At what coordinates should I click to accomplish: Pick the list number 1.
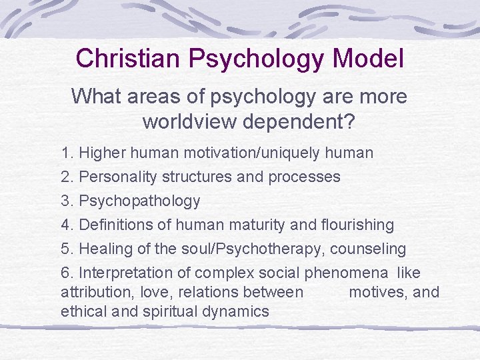pyautogui.click(x=67, y=153)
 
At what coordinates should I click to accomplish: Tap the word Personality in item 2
pyautogui.click(x=117, y=177)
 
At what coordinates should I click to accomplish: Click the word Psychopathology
pyautogui.click(x=139, y=201)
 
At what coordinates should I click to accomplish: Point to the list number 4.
pyautogui.click(x=67, y=225)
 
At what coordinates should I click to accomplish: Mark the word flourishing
pyautogui.click(x=357, y=225)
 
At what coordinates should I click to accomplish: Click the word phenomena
pyautogui.click(x=347, y=273)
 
